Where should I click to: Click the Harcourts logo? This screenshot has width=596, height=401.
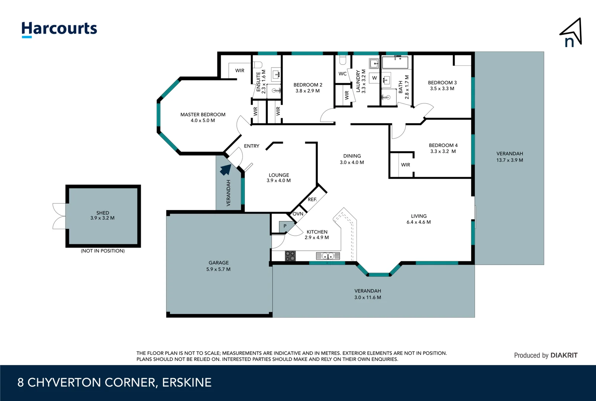(59, 29)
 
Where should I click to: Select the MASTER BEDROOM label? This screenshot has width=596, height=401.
(203, 115)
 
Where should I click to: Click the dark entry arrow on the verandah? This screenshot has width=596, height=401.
(225, 170)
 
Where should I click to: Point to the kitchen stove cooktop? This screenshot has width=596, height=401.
(290, 256)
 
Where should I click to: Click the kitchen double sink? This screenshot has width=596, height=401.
(328, 256)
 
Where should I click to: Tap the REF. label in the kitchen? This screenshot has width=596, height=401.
(312, 200)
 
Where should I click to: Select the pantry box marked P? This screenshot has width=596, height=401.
(285, 226)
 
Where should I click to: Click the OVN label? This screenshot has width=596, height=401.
(298, 214)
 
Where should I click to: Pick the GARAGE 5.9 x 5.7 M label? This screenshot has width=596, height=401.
(218, 266)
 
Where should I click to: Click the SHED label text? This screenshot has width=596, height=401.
(103, 213)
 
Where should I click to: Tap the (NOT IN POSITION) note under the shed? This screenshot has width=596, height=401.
(103, 251)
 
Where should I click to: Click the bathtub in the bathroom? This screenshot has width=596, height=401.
(395, 62)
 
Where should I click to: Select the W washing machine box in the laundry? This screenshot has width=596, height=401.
(374, 78)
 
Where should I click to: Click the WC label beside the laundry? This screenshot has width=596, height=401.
(342, 74)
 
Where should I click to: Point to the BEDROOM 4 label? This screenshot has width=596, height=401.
(443, 146)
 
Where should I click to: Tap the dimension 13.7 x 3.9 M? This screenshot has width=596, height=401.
(509, 160)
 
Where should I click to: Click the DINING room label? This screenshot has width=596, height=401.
(352, 156)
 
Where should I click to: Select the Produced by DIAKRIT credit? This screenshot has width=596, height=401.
(545, 355)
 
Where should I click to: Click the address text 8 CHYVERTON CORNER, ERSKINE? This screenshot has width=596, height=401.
(115, 382)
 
